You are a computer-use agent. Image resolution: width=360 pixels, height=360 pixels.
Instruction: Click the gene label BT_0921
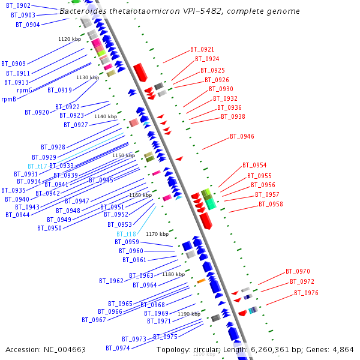point(202,49)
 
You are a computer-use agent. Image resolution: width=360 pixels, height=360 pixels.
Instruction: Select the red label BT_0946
point(242,137)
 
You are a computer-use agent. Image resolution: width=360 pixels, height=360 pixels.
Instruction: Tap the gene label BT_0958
point(271,205)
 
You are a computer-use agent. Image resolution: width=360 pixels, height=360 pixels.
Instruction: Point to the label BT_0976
point(306,293)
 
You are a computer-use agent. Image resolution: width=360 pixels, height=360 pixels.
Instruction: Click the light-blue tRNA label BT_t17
point(37,166)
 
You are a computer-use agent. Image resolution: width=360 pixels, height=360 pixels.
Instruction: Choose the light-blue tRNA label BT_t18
point(126,234)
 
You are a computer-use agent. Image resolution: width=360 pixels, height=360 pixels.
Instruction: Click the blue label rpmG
point(25,90)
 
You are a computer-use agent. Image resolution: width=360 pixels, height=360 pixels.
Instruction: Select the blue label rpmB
point(8,100)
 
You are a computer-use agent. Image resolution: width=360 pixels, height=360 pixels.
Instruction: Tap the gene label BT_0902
point(18,5)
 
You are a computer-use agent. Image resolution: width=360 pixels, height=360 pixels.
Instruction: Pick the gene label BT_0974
point(118,348)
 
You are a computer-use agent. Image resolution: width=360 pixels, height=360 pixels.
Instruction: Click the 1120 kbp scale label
point(70,39)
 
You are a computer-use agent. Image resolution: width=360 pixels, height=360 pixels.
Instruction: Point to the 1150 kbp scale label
point(124,155)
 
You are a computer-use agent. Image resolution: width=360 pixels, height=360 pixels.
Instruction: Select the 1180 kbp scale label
point(173,274)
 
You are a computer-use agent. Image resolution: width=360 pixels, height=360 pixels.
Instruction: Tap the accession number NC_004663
point(66,349)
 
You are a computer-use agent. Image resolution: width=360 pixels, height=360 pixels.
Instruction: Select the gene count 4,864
point(343,349)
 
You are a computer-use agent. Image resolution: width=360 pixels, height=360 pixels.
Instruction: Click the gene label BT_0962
point(111,281)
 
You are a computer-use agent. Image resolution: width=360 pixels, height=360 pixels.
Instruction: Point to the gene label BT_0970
point(298,271)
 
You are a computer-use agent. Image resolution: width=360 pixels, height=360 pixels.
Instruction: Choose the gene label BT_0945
point(101,180)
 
